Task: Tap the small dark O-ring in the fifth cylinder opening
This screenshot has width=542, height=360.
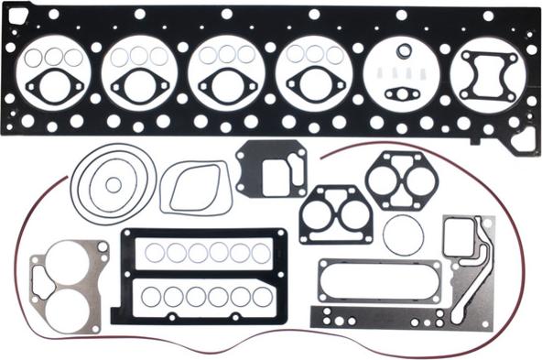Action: tap(403, 50)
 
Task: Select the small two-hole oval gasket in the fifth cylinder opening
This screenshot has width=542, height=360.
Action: tap(402, 93)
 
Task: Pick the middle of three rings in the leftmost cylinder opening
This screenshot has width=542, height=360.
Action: tap(53, 57)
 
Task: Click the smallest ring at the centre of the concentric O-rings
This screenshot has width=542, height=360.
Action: tap(113, 184)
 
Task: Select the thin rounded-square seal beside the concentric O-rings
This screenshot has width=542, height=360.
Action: tap(195, 188)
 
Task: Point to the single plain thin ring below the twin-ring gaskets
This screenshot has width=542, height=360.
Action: tap(403, 235)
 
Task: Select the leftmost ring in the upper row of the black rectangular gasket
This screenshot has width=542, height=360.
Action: tap(153, 253)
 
